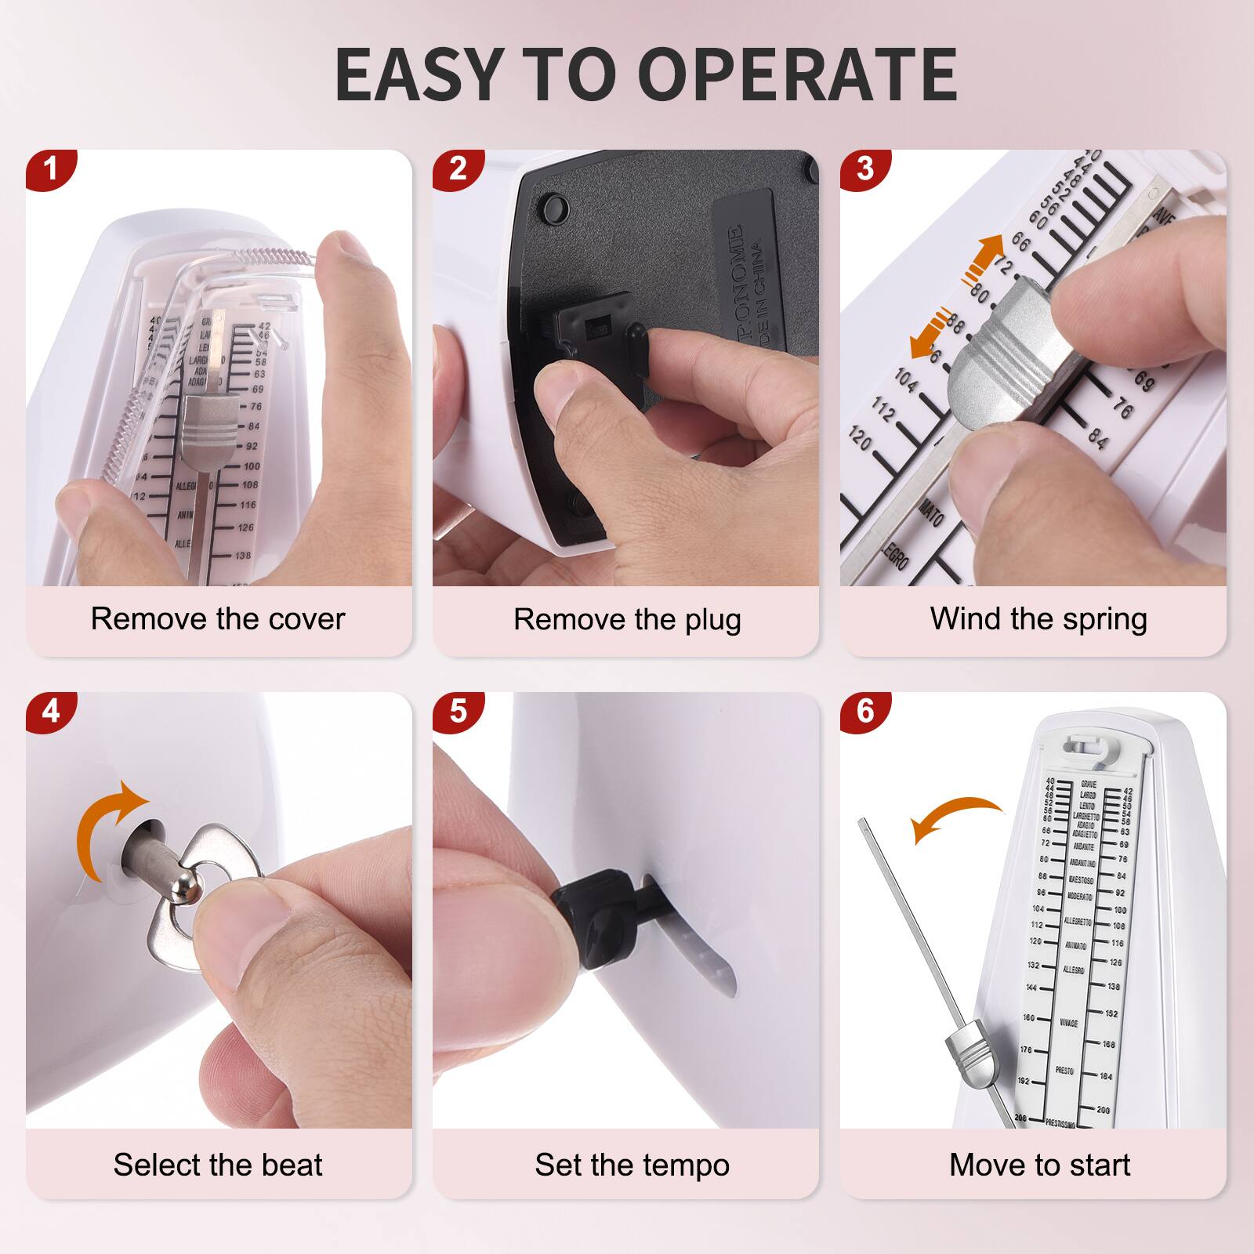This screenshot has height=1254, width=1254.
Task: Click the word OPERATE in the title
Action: click(x=799, y=74)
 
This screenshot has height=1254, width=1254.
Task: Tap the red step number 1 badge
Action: click(x=50, y=169)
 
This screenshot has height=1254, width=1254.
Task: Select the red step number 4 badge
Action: click(x=50, y=711)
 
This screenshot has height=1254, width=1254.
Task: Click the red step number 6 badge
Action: click(x=864, y=711)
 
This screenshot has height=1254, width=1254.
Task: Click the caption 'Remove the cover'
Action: click(x=218, y=619)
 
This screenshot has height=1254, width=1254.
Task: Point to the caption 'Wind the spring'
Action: click(x=1038, y=619)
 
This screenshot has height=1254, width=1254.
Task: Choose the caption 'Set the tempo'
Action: click(x=632, y=1165)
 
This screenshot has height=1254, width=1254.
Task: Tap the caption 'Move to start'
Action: click(x=1039, y=1165)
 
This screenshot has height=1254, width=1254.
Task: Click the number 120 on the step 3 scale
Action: click(x=860, y=439)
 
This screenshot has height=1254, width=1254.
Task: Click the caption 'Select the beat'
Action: click(x=218, y=1165)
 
